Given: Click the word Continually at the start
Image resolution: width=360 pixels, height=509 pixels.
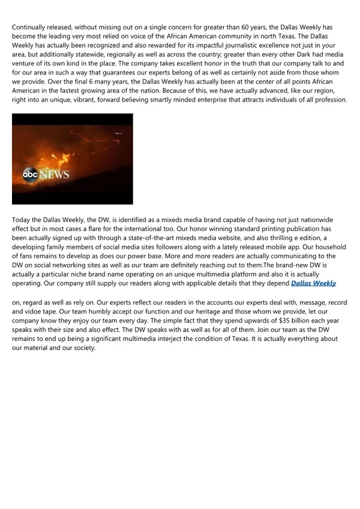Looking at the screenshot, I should click(x=32, y=27).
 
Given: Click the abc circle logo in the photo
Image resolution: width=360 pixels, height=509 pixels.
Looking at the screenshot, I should click(x=30, y=175).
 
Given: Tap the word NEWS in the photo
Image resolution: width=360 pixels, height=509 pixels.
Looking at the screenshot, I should click(x=55, y=175).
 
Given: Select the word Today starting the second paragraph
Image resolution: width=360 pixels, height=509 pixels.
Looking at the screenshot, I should click(x=23, y=220).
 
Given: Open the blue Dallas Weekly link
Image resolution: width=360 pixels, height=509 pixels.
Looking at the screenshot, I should click(x=313, y=283).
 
